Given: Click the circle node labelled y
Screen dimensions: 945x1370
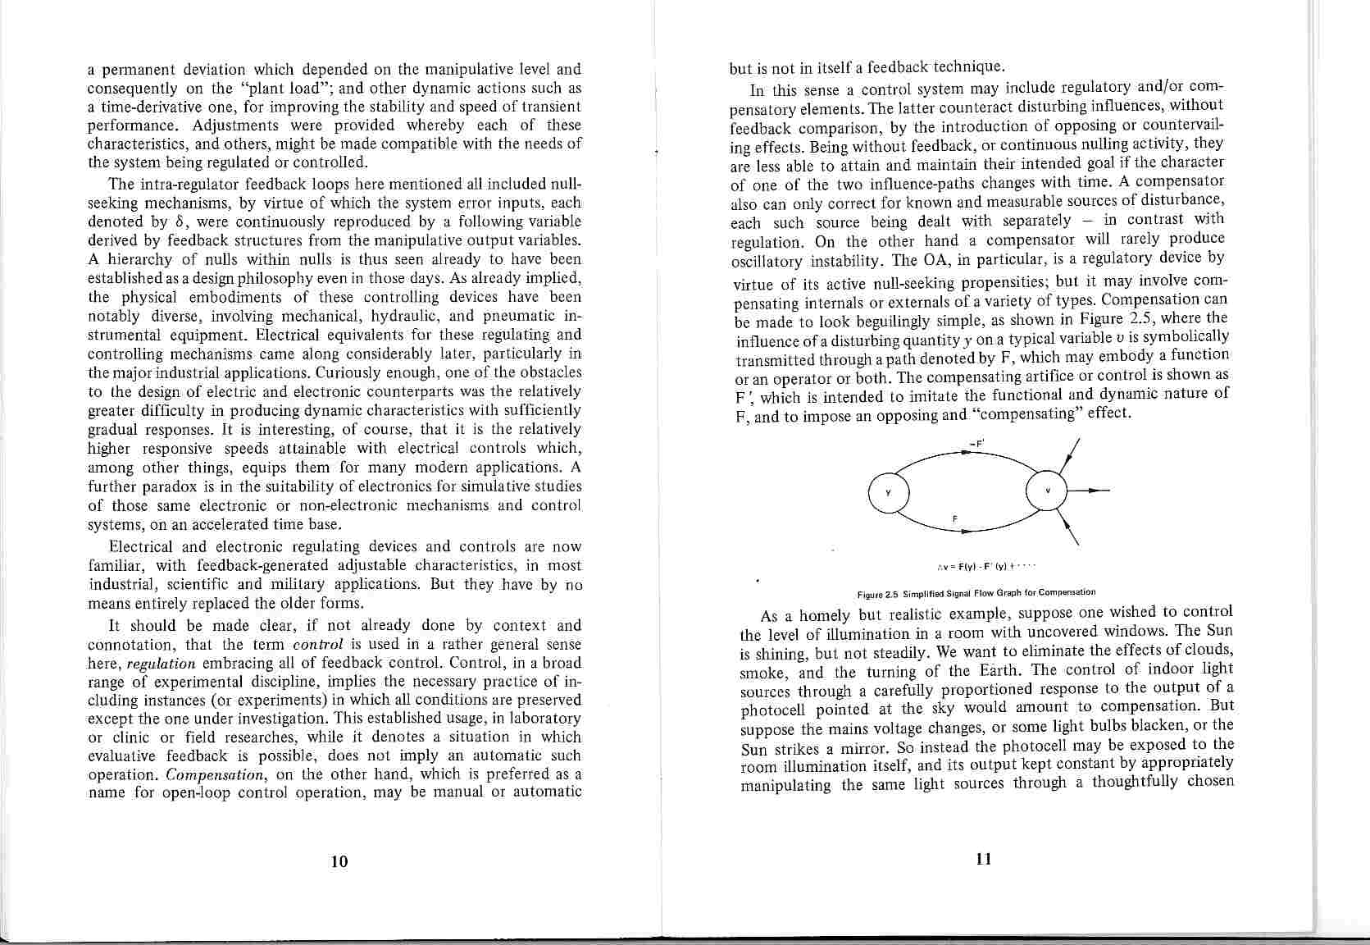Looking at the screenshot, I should coord(888,493).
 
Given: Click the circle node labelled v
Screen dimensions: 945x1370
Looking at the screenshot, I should coord(1047,491).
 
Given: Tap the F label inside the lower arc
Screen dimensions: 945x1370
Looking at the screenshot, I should coord(955,518).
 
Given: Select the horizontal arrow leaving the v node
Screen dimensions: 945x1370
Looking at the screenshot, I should coord(1089,491).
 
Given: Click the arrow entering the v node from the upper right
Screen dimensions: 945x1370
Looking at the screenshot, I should coord(1069,455).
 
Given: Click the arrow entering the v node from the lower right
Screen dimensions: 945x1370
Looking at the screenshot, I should coord(1070,527).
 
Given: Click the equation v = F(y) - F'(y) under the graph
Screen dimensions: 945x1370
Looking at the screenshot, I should coord(987,565).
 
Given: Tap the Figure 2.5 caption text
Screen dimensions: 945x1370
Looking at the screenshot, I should coord(976,591).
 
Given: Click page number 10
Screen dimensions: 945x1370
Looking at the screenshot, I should coord(339,861).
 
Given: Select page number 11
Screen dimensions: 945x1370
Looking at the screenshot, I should coord(984,858).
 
